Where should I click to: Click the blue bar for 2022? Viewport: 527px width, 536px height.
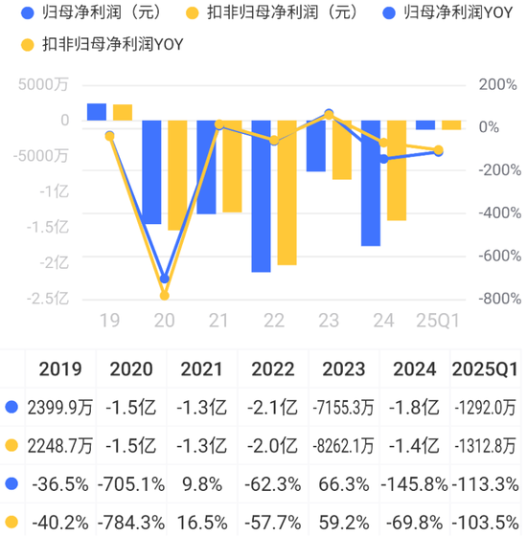coord(261,196)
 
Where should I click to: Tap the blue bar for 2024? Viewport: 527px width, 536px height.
coord(370,183)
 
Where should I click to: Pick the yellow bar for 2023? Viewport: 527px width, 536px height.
coord(342,150)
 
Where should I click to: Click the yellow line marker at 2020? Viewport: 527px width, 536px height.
coord(165,296)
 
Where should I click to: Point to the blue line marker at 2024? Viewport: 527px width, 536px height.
coord(383,159)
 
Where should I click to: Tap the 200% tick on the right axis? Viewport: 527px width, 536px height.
coord(470,84)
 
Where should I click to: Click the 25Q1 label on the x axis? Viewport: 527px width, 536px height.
coord(438,320)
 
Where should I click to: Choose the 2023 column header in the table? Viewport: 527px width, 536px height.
coord(343,368)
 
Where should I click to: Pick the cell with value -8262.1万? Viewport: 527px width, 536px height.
coord(343,445)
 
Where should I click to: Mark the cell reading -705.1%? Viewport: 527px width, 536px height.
coord(132,483)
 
